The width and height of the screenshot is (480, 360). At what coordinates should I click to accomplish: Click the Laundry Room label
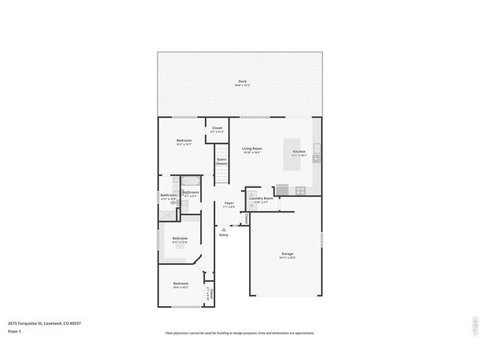[x=261, y=199]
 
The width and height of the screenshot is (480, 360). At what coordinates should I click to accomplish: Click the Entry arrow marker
[x=223, y=228]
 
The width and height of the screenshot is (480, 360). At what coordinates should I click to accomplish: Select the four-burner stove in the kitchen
[x=300, y=190]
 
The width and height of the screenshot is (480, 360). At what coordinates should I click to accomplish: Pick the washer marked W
[x=253, y=205]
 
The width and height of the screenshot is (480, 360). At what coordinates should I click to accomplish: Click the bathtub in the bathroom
[x=190, y=181]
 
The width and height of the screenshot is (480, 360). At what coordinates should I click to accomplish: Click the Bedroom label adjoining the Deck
[x=184, y=142]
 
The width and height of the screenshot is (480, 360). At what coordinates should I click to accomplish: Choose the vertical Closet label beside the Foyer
[x=245, y=218]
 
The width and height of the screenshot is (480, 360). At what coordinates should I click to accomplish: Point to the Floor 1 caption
[x=15, y=331]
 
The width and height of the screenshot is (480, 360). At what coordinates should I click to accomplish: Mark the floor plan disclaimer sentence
[x=240, y=333]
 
